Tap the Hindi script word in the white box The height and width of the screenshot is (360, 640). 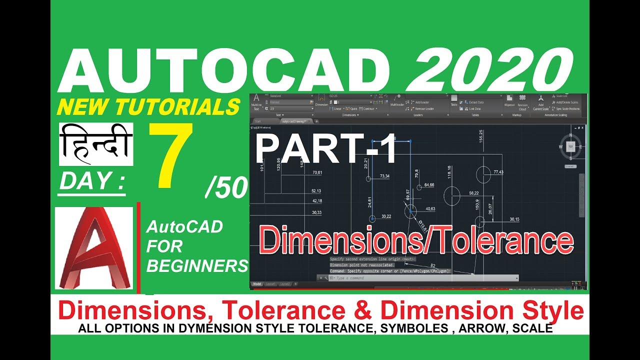pyautogui.click(x=96, y=144)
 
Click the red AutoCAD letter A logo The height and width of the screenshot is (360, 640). pyautogui.click(x=94, y=248)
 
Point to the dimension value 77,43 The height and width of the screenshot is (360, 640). pyautogui.click(x=498, y=172)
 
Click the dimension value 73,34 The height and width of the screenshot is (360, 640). pyautogui.click(x=384, y=176)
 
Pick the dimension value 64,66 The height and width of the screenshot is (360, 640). pyautogui.click(x=429, y=185)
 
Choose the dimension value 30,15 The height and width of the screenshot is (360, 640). pyautogui.click(x=514, y=219)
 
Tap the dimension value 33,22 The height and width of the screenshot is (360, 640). pyautogui.click(x=386, y=216)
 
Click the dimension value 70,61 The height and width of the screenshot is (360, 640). pyautogui.click(x=317, y=172)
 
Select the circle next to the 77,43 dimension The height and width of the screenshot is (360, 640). pyautogui.click(x=483, y=174)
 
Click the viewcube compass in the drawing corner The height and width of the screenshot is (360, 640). pyautogui.click(x=570, y=146)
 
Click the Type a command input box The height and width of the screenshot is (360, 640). pyautogui.click(x=425, y=277)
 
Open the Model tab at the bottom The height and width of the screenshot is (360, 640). pyautogui.click(x=257, y=284)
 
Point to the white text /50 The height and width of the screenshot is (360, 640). pyautogui.click(x=226, y=188)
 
